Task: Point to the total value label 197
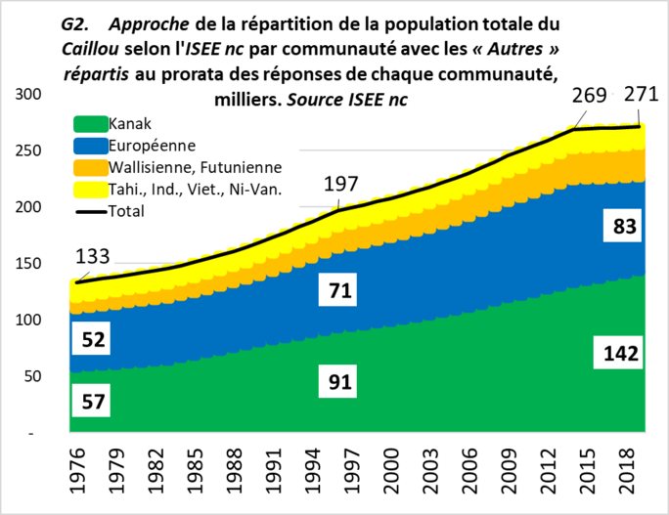tap(343, 184)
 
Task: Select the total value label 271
tap(641, 95)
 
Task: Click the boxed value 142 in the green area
tap(616, 355)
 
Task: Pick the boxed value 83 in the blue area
tap(625, 227)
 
